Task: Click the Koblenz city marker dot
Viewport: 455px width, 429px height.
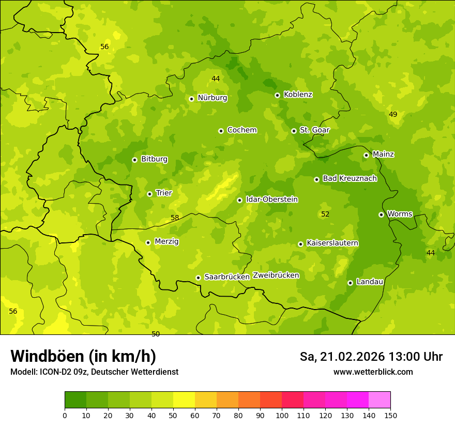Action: (277, 95)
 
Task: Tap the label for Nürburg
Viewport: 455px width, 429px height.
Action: (212, 98)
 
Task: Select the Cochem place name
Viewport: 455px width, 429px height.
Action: (241, 130)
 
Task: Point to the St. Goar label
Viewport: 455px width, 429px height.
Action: (314, 130)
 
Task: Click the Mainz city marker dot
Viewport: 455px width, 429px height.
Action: (366, 155)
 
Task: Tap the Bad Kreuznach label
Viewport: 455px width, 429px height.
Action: (350, 179)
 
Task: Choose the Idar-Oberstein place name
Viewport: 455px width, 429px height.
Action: (272, 200)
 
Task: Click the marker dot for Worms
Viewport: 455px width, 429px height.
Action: (381, 214)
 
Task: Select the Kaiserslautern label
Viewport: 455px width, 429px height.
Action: (332, 243)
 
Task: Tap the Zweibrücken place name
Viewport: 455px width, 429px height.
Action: (276, 275)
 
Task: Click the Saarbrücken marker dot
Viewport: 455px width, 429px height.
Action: (198, 278)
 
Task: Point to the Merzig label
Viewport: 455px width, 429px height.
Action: (166, 242)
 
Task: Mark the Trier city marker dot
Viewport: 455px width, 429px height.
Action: (149, 194)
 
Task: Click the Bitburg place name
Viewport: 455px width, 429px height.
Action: (154, 159)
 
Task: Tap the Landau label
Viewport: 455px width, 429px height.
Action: (370, 282)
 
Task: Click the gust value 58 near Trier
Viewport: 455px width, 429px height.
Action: (175, 218)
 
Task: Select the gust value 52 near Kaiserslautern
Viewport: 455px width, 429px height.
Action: (325, 214)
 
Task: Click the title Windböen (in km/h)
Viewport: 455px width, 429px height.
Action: (83, 356)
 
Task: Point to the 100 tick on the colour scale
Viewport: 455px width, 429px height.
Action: (282, 415)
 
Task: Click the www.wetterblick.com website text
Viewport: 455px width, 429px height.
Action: (373, 372)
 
